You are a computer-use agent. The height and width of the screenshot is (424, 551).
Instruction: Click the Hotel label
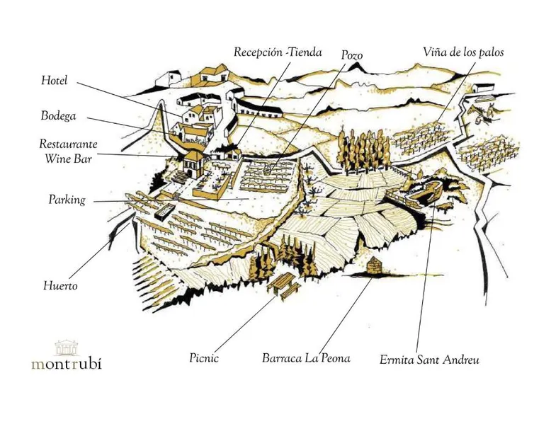[x=54, y=80]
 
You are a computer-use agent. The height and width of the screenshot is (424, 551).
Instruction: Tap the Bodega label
[x=58, y=115]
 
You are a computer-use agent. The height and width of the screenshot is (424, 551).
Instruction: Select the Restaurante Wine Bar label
[x=68, y=151]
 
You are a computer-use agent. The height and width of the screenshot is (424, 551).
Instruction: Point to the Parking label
[x=67, y=200]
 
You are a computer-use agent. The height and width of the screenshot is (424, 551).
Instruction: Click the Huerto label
[x=60, y=285]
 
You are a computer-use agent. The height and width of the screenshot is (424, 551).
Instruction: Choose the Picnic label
[x=204, y=358]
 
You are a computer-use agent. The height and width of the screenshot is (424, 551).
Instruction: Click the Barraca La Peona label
[x=306, y=358]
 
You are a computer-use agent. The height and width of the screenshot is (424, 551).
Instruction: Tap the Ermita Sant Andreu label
[x=429, y=360]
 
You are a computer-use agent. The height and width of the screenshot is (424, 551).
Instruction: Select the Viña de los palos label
[x=463, y=52]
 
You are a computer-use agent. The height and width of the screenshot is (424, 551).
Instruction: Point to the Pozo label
[x=352, y=55]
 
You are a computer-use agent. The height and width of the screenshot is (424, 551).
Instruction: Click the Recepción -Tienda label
[x=278, y=52]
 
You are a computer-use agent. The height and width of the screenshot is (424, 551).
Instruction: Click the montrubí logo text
[x=67, y=363]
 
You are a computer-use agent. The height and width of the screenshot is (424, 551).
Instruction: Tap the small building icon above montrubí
[x=67, y=347]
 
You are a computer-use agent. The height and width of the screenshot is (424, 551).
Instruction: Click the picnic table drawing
[x=284, y=285]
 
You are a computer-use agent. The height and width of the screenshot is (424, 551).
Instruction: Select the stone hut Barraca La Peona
[x=373, y=265]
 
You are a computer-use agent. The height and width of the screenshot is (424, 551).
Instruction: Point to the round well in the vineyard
[x=268, y=170]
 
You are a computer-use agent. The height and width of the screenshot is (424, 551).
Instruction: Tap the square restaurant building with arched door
[x=193, y=164]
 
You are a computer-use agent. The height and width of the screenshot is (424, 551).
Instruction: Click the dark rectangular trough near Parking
[x=164, y=213]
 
